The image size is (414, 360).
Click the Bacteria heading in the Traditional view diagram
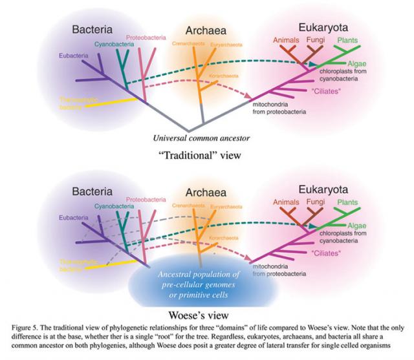tap(92, 30)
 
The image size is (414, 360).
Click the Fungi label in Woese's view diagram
tap(314, 203)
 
